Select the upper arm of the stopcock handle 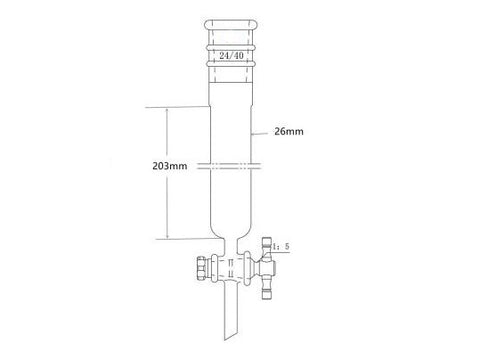point(271,245)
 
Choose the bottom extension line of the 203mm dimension point(180,240)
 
